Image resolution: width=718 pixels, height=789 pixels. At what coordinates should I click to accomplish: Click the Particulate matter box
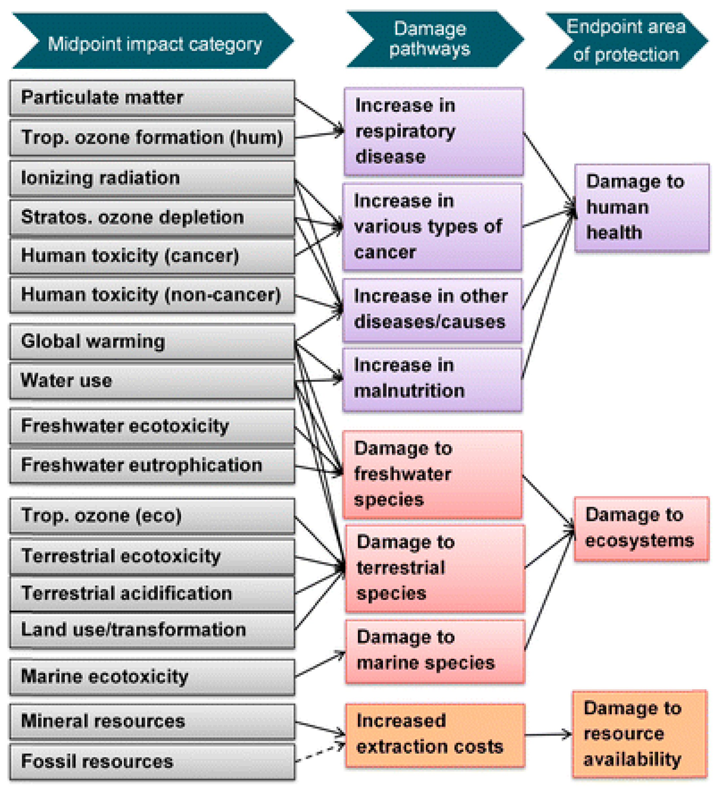click(x=152, y=98)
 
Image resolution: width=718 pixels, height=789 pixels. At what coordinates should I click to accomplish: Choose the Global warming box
click(x=152, y=341)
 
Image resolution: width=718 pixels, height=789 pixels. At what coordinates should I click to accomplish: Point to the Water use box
click(x=152, y=381)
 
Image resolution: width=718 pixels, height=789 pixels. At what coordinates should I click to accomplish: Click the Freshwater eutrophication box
click(x=152, y=466)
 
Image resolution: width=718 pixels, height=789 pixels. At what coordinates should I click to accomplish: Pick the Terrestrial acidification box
click(x=152, y=593)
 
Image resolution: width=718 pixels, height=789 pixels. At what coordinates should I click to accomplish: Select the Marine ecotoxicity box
click(x=152, y=677)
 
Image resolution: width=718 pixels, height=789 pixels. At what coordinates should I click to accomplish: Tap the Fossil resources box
click(x=152, y=761)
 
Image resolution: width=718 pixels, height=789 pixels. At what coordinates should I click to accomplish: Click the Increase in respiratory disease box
click(x=433, y=131)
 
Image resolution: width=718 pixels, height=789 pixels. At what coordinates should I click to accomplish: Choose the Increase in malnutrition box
click(x=432, y=379)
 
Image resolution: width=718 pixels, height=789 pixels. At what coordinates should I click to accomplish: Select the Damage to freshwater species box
click(x=432, y=474)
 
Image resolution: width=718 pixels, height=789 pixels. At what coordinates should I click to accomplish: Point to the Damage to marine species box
click(x=434, y=651)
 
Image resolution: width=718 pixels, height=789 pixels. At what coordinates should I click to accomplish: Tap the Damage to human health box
click(x=642, y=207)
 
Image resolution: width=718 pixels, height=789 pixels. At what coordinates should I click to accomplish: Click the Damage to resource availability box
click(x=639, y=734)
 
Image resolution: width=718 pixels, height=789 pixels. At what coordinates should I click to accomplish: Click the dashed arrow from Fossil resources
click(x=320, y=753)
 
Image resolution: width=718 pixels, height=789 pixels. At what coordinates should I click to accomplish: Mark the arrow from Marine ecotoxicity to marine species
click(x=320, y=664)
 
